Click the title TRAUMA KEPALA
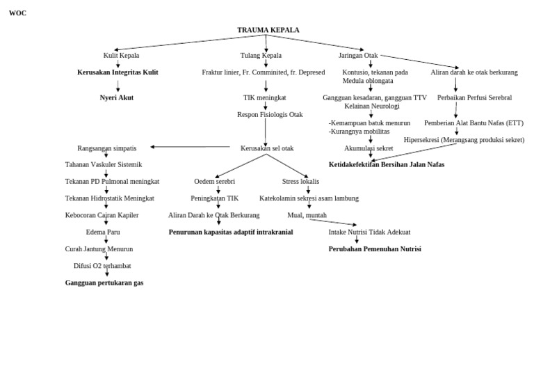click(268, 30)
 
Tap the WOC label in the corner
click(17, 13)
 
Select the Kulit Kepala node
click(121, 55)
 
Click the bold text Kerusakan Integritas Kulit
click(118, 72)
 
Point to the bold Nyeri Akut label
click(116, 97)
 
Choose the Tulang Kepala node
click(261, 55)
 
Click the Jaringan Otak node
click(358, 55)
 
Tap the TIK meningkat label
click(264, 97)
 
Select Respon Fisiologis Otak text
click(270, 114)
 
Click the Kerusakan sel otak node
click(267, 148)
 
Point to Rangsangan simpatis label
click(106, 148)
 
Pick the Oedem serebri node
click(214, 181)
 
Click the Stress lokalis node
click(300, 181)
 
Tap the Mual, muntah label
click(307, 215)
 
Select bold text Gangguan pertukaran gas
click(104, 283)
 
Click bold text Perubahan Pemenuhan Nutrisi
click(375, 249)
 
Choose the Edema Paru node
click(103, 232)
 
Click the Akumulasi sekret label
click(369, 148)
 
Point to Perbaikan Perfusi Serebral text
click(474, 97)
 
